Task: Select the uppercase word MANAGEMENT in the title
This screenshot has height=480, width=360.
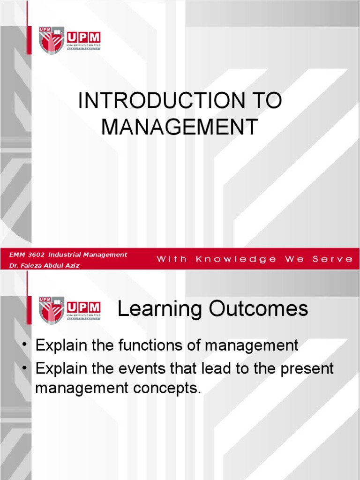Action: tap(180, 127)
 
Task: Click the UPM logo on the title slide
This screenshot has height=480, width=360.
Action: tap(70, 40)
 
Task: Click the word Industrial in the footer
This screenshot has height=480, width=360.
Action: tap(65, 255)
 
